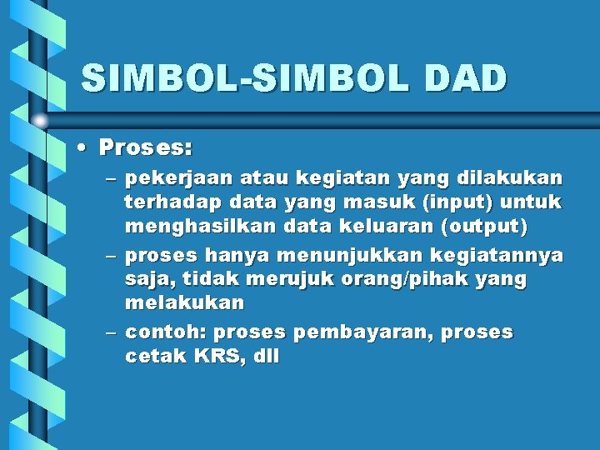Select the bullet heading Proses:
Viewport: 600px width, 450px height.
click(146, 148)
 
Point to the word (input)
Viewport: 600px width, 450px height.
click(460, 202)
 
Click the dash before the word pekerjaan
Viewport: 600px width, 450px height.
click(112, 179)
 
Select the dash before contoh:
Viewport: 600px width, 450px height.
click(112, 333)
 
